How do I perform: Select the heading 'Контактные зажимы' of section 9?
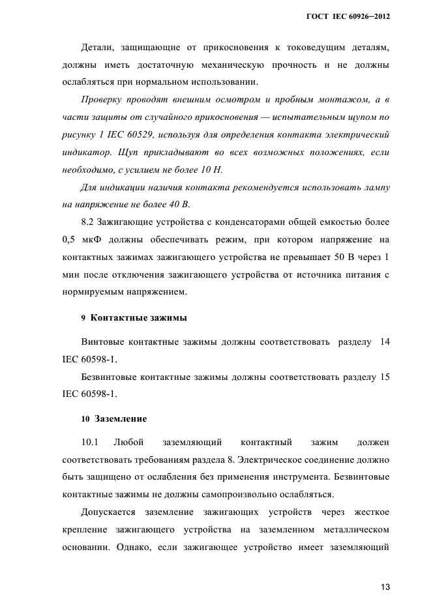[x=138, y=318]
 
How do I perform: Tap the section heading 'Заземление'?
[x=121, y=418]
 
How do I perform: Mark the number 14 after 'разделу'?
[x=384, y=341]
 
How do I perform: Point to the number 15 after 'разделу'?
[x=384, y=376]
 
